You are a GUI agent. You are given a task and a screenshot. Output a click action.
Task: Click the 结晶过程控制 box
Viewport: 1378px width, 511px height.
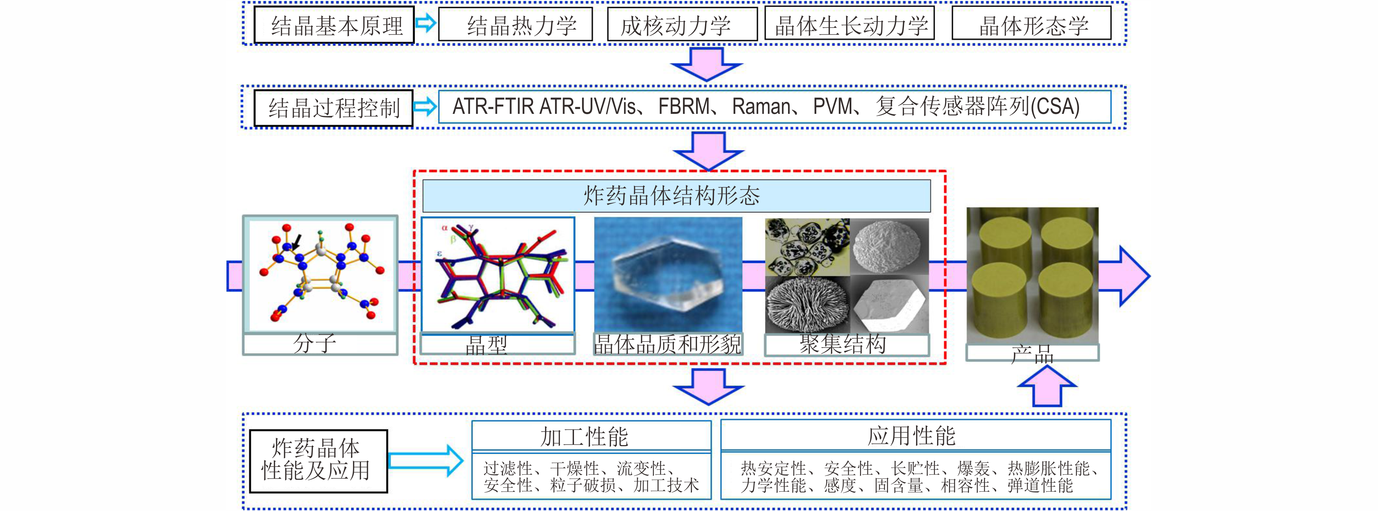point(333,109)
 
